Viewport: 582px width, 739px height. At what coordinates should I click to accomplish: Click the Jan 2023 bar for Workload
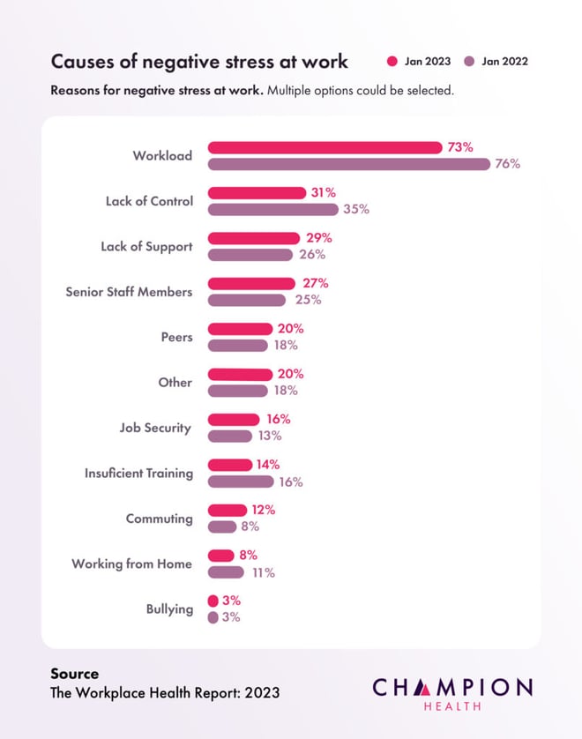click(325, 147)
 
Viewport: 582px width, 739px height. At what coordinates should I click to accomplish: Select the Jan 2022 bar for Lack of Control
click(272, 209)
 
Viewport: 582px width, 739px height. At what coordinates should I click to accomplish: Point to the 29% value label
click(319, 238)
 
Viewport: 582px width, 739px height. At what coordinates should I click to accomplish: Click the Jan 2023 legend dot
click(392, 62)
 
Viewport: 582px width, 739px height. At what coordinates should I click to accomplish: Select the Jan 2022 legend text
click(504, 62)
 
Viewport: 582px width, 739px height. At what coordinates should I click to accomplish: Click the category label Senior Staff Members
click(129, 292)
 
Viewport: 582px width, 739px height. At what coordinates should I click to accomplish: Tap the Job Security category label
click(155, 428)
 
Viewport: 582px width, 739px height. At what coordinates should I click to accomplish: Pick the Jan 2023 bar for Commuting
click(228, 510)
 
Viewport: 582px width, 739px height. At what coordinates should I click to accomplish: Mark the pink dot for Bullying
click(213, 601)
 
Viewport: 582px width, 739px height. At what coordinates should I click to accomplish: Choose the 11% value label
click(264, 572)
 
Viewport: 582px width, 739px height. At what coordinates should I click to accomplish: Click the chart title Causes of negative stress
click(199, 62)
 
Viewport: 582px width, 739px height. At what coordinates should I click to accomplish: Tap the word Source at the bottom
click(75, 674)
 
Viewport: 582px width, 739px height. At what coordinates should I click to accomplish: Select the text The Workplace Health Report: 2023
click(165, 692)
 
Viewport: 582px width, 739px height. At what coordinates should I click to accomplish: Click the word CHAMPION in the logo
click(452, 687)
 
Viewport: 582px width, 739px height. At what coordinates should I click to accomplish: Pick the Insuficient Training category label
click(138, 474)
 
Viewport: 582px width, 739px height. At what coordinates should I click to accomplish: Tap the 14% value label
click(268, 465)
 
